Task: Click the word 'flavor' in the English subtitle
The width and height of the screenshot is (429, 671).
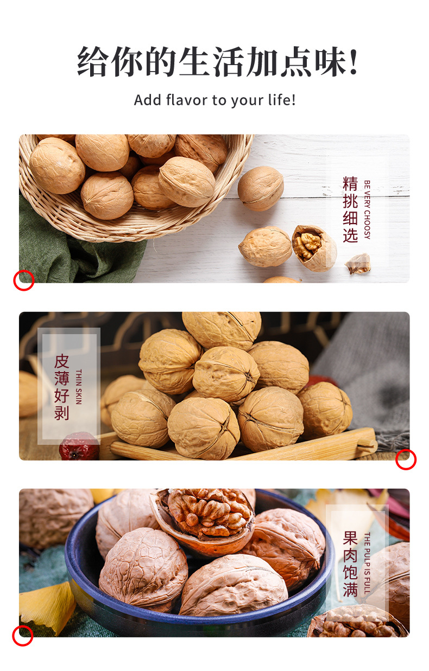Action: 186,100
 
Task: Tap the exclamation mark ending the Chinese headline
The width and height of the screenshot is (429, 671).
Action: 354,61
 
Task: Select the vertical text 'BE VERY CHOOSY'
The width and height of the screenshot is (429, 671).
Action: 367,209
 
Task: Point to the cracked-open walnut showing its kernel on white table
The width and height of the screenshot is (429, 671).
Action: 314,247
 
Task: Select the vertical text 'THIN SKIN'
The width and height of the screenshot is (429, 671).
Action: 79,387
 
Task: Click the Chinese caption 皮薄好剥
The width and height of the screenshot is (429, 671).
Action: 62,387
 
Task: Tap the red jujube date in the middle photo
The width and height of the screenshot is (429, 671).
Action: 79,446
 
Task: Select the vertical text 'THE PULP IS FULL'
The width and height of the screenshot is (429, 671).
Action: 367,564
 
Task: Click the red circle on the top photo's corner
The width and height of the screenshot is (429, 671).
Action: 24,280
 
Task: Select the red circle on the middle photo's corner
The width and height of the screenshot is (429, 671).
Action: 406,459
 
